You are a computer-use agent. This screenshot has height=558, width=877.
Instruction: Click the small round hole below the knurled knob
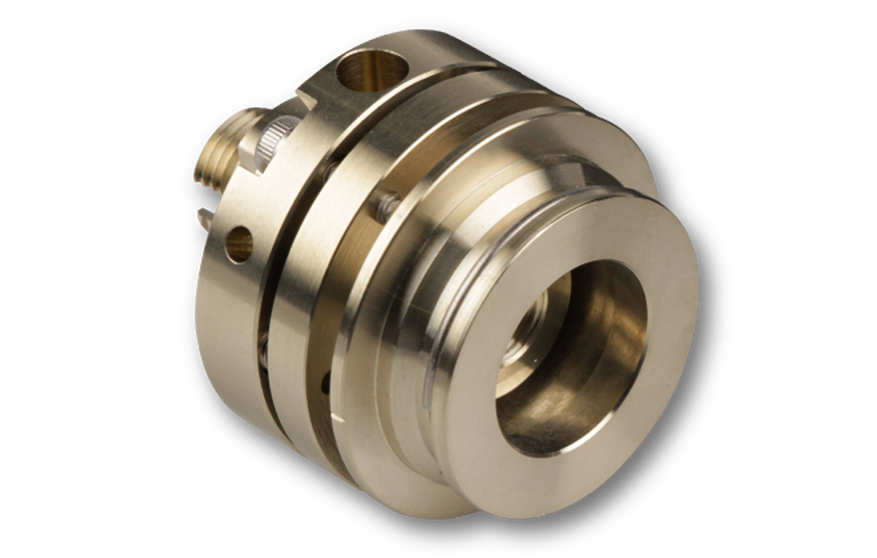coord(240,243)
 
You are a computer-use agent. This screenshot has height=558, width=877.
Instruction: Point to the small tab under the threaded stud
coord(204,215)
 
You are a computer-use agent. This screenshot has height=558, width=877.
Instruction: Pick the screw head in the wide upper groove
coord(384,208)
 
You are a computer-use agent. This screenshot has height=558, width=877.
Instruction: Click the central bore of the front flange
coord(568,359)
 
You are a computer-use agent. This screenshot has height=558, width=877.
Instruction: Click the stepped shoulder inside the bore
coord(608,329)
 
